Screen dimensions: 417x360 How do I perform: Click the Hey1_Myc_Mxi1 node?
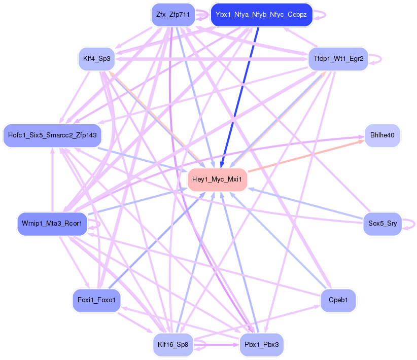(x=217, y=180)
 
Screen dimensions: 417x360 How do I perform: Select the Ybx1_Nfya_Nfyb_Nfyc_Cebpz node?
(x=261, y=15)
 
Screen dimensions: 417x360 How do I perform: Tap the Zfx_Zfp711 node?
(x=173, y=15)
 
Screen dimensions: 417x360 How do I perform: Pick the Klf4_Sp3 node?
(x=97, y=58)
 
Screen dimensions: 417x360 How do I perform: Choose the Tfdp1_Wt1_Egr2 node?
(x=338, y=58)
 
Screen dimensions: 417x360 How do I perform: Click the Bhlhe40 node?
(x=383, y=135)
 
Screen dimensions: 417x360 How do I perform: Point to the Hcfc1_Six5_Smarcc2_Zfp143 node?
(x=52, y=135)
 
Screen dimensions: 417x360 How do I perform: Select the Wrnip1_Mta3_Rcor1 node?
(x=52, y=224)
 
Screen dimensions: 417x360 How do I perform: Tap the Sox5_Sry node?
(x=383, y=224)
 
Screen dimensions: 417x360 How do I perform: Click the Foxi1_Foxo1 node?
(x=97, y=301)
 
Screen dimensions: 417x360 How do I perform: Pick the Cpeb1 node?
(x=338, y=301)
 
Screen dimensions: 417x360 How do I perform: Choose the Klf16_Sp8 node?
(x=173, y=345)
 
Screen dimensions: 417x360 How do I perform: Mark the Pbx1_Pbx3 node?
(x=261, y=345)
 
